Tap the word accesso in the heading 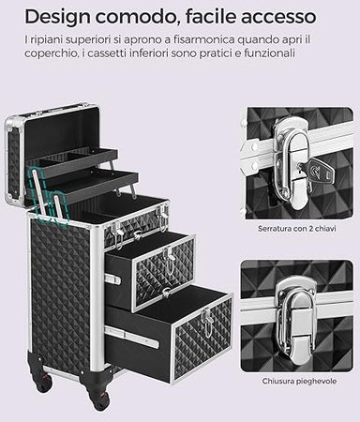pyautogui.click(x=278, y=17)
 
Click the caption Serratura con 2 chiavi pyautogui.click(x=297, y=229)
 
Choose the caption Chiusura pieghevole pyautogui.click(x=299, y=382)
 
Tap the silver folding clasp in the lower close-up pyautogui.click(x=294, y=320)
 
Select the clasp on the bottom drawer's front pyautogui.click(x=206, y=322)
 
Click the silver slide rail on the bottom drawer pyautogui.click(x=131, y=336)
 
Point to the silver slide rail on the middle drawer pyautogui.click(x=112, y=279)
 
